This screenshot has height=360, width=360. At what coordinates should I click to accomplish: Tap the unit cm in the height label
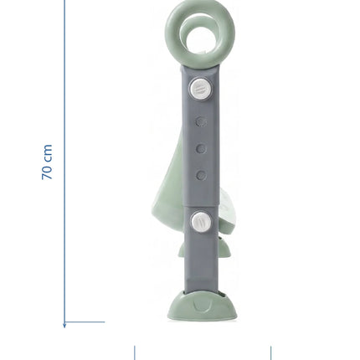pos(48,153)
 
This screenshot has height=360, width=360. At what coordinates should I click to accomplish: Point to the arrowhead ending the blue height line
pos(64,325)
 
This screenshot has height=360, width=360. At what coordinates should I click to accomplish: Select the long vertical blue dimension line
pos(64,164)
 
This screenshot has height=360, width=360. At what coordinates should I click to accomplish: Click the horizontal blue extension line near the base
pos(85,322)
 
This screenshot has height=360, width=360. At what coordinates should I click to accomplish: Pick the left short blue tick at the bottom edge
pos(135,352)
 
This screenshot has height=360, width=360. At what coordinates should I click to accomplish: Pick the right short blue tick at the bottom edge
pos(270,352)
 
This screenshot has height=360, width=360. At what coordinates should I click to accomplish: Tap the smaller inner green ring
pos(184,25)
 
